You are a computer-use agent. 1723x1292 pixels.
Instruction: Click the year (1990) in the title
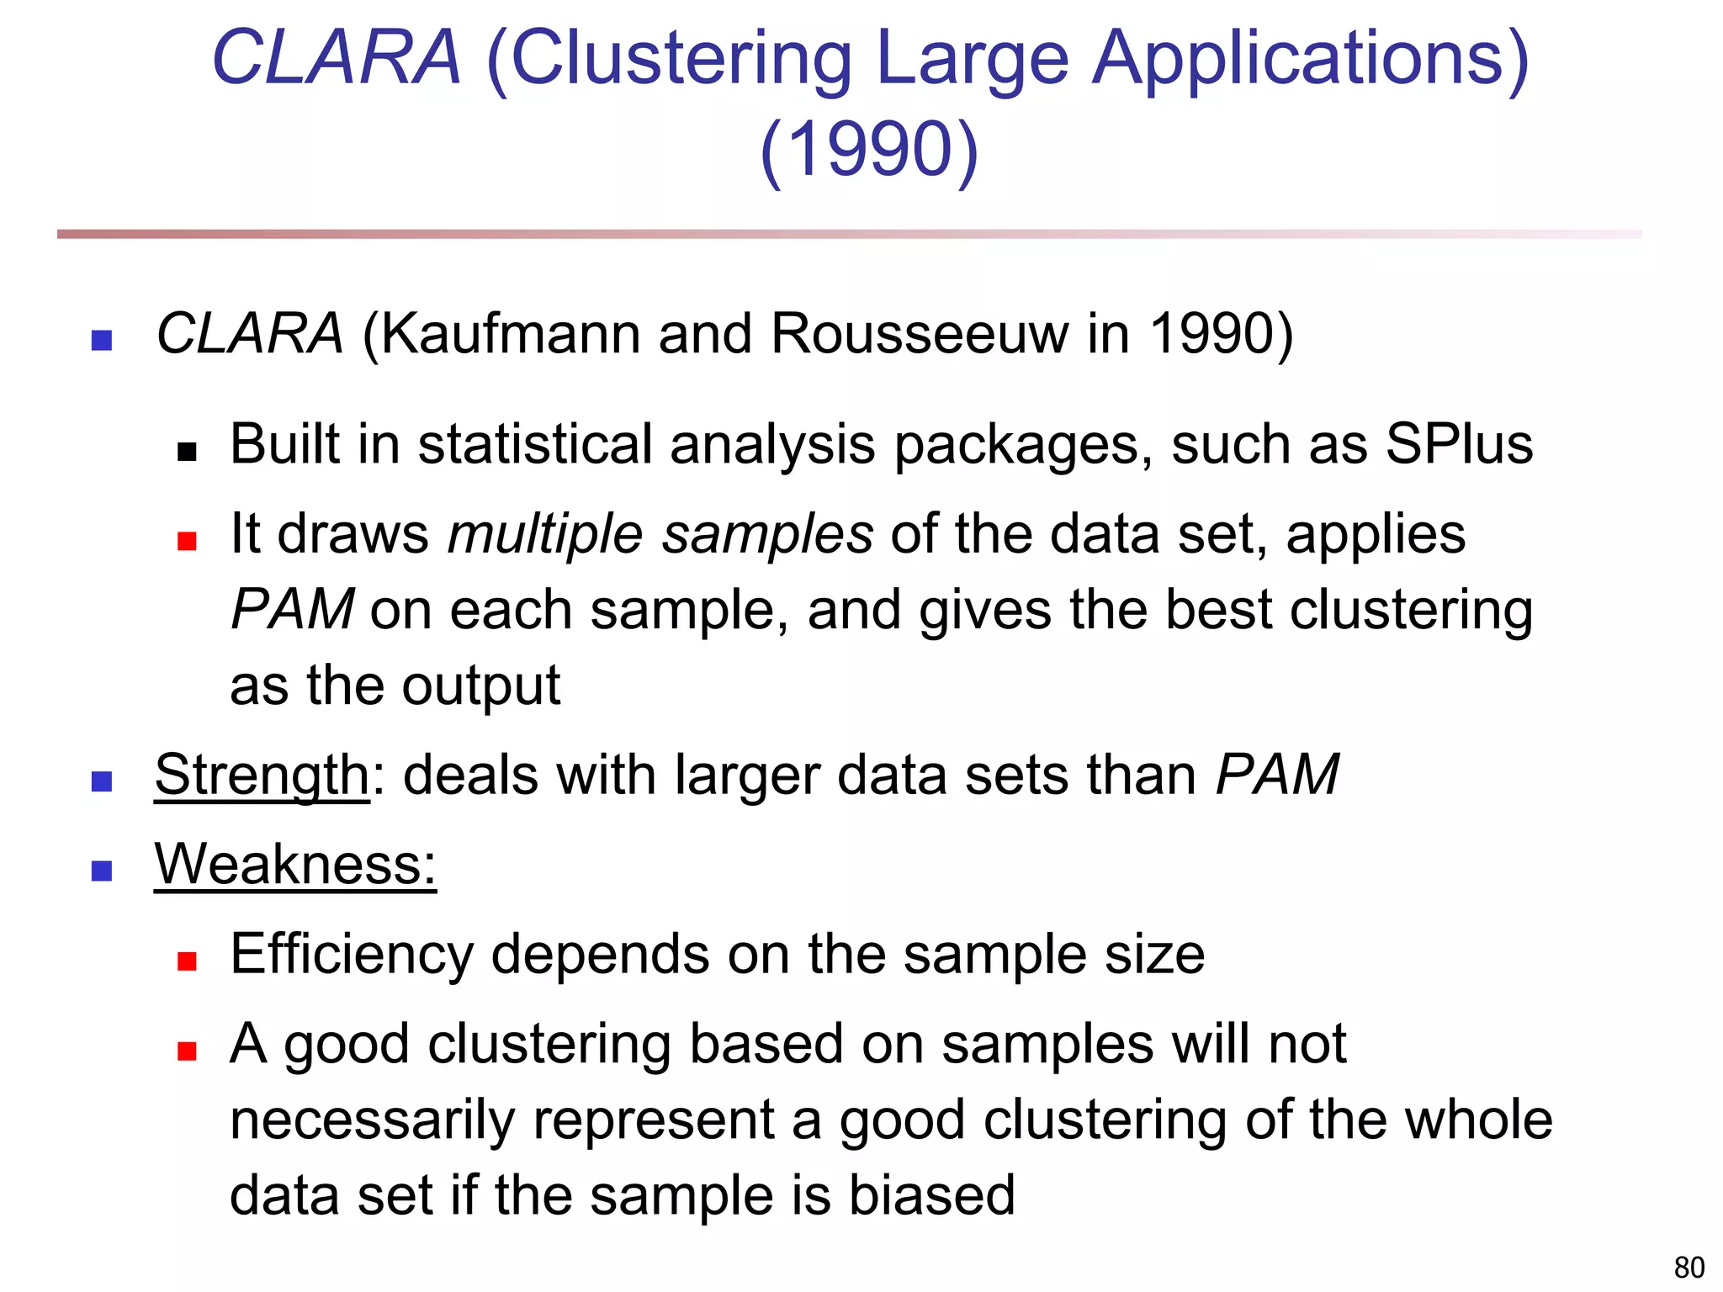coord(869,149)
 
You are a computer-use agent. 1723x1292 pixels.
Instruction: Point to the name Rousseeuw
coord(920,334)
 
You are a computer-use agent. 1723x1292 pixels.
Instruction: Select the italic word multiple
coord(545,534)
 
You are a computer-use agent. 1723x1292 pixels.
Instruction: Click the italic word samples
coord(767,534)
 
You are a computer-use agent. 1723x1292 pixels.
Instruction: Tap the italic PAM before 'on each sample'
coord(292,609)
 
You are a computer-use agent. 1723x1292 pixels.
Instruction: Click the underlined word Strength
coord(262,775)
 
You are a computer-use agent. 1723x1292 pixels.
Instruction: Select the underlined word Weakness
coord(295,864)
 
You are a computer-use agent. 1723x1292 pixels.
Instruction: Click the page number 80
coord(1689,1267)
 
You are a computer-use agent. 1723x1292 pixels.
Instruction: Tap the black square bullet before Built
coord(187,453)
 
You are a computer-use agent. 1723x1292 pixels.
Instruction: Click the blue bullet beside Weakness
coord(102,871)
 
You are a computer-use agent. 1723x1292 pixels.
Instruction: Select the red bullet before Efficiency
coord(187,961)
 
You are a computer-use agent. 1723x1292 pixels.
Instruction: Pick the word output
coord(480,686)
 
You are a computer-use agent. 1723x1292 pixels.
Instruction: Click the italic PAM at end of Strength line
coord(1277,775)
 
